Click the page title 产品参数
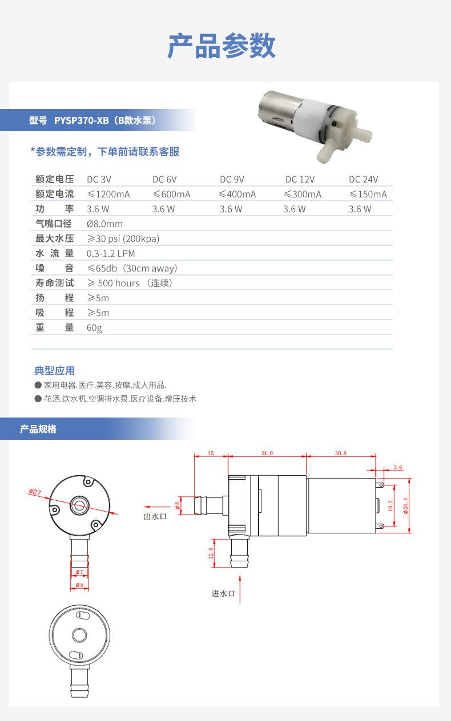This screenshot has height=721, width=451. [222, 46]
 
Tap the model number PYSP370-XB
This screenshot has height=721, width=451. [81, 120]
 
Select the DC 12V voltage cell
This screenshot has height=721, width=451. [300, 179]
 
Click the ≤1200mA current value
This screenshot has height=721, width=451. [108, 194]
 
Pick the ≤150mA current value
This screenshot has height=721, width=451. [368, 194]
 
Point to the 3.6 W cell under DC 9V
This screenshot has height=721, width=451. [231, 209]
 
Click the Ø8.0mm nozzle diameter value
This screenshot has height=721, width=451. [104, 224]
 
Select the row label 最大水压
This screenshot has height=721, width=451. [55, 238]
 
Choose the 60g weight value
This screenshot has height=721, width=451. [94, 327]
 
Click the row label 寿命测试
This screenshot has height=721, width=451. [55, 283]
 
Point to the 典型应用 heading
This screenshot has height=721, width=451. [55, 371]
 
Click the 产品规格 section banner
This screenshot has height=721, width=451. [38, 429]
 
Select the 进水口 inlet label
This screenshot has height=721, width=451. [223, 593]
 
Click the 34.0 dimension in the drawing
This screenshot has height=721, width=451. [267, 453]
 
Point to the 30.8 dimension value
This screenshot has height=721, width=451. [341, 453]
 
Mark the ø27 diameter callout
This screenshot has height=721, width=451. [35, 492]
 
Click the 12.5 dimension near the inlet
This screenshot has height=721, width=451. [211, 553]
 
